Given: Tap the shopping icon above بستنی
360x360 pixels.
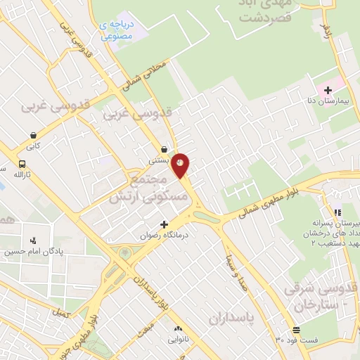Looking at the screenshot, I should [164, 150].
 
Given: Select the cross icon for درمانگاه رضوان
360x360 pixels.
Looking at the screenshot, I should [165, 225].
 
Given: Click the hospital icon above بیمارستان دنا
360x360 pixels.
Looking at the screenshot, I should [328, 91].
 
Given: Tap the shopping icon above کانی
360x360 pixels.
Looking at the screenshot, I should [33, 135].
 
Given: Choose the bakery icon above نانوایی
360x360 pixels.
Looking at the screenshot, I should [177, 329].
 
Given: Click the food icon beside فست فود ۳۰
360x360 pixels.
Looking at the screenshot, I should [296, 330].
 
